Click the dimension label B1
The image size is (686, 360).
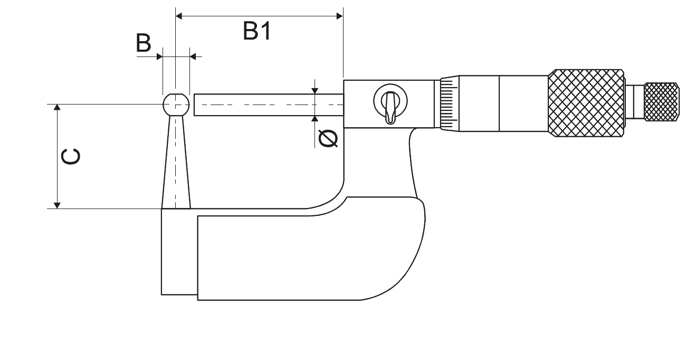point(257,31)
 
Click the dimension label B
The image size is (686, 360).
point(144,43)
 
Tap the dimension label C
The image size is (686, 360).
point(71,157)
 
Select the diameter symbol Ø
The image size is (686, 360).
point(328,138)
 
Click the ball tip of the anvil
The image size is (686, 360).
point(176,105)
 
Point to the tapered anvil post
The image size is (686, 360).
point(176,162)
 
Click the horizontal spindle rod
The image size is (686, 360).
point(269,105)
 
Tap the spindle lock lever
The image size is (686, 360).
point(390,107)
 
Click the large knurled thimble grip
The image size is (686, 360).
point(586,103)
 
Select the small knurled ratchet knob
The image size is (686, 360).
point(662,102)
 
